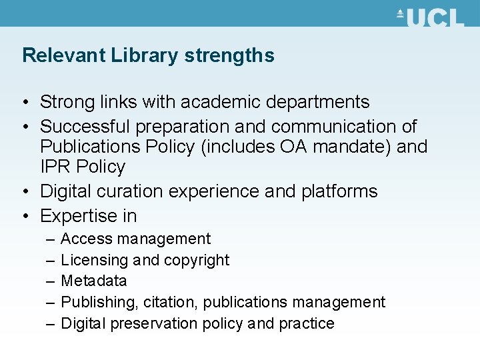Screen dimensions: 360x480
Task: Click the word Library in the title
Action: click(145, 55)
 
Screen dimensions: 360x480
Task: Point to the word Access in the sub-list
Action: click(82, 239)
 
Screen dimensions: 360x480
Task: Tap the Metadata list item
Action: click(93, 281)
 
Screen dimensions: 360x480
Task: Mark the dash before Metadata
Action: click(51, 281)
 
